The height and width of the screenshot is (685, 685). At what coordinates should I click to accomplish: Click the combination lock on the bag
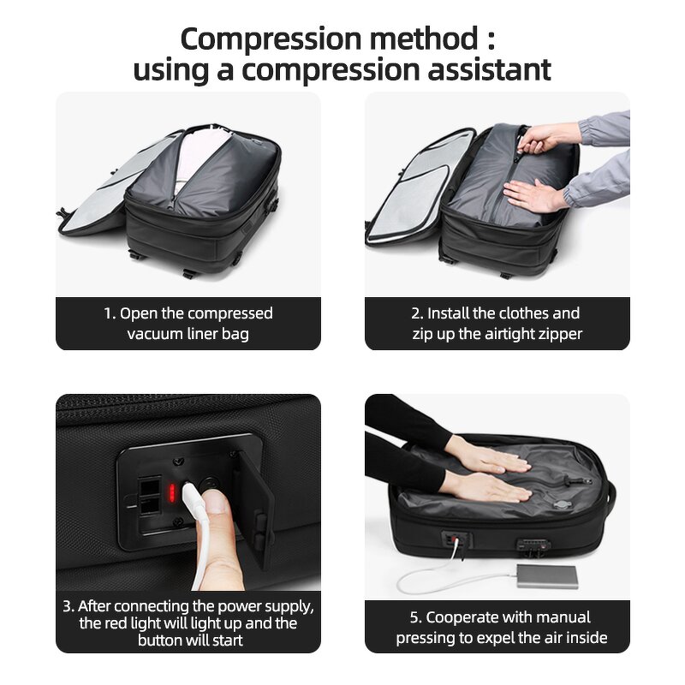[x=532, y=545]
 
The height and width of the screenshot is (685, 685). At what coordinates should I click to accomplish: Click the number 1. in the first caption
[x=110, y=313]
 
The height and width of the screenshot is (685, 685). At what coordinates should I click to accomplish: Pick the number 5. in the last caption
[x=415, y=617]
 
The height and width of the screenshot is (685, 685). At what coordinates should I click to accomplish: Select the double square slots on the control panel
[x=145, y=494]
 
